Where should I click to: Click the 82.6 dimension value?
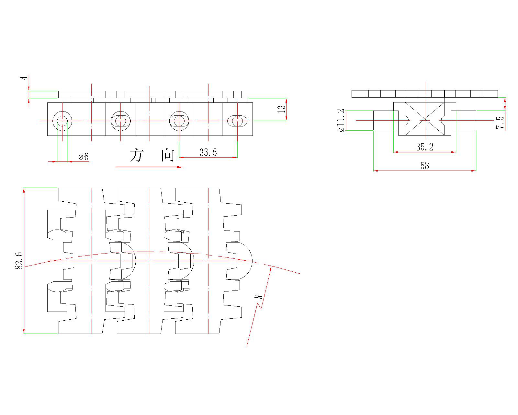click(19, 261)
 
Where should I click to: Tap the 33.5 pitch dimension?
click(208, 152)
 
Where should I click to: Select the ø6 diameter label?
click(84, 157)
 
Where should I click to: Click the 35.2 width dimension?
click(424, 147)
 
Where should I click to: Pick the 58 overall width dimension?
click(424, 166)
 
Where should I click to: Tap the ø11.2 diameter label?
click(341, 120)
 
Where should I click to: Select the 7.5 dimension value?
click(500, 123)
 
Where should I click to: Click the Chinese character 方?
click(136, 156)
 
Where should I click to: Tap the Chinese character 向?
click(168, 156)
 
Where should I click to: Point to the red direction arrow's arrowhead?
click(180, 167)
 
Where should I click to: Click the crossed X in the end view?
click(424, 119)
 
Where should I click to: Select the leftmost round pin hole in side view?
click(62, 121)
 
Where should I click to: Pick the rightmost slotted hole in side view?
click(237, 121)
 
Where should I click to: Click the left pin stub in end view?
click(386, 120)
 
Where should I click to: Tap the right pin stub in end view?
click(463, 120)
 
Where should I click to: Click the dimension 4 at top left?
click(23, 79)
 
